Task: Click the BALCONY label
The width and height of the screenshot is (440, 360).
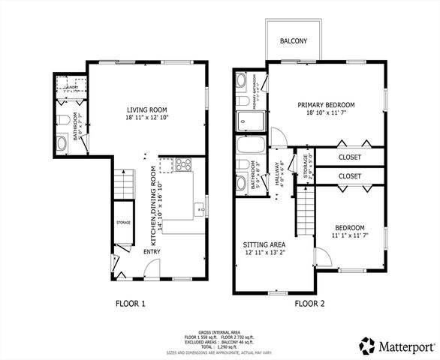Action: (294, 40)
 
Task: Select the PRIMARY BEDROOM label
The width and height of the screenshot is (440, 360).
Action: (326, 105)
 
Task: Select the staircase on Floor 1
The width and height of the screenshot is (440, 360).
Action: (122, 182)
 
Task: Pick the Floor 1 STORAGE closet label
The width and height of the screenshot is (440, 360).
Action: (123, 223)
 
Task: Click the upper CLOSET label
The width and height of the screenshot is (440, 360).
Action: (349, 157)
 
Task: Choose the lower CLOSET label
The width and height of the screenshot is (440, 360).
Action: (349, 176)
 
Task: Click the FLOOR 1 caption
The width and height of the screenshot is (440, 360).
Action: (129, 304)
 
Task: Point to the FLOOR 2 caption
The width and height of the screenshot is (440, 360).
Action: (309, 304)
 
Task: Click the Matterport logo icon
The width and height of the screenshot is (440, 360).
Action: (368, 346)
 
